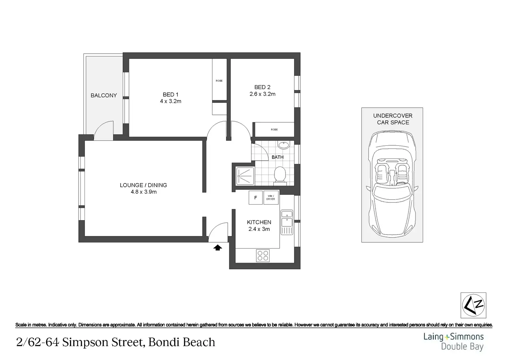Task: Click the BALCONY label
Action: [104, 95]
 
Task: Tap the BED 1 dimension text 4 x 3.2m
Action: [170, 101]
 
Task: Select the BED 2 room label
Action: [262, 87]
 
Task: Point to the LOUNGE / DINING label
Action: [143, 185]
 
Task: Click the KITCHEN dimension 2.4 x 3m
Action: [259, 229]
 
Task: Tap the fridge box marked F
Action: [255, 198]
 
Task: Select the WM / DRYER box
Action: [271, 198]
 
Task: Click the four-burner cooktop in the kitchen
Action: [263, 255]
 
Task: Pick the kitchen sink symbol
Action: [287, 223]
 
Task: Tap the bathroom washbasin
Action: [284, 145]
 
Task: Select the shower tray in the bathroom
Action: [245, 176]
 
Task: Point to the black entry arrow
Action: [218, 247]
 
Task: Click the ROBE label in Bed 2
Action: [274, 129]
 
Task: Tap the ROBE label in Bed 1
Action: [219, 81]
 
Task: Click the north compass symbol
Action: [473, 305]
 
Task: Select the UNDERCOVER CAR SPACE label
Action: [393, 119]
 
